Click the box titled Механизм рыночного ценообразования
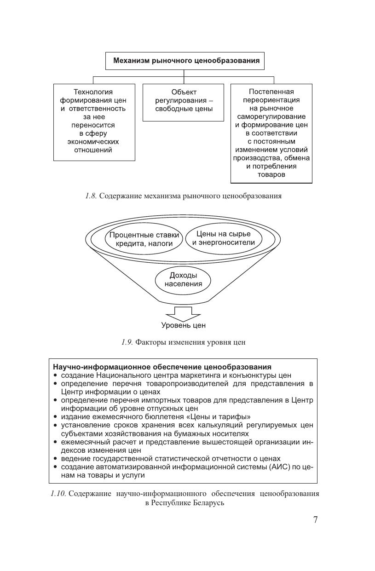(186, 60)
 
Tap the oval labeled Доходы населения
(183, 279)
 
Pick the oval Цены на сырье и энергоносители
(223, 238)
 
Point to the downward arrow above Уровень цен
(183, 314)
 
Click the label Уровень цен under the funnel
(183, 326)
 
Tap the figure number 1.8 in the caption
(91, 196)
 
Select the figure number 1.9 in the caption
(127, 342)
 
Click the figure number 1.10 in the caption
(58, 494)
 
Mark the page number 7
(315, 520)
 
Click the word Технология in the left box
(93, 92)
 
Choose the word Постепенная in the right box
(271, 92)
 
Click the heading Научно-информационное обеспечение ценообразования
(162, 367)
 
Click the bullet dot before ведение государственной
(55, 459)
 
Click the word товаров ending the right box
(271, 175)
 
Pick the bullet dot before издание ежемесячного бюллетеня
(55, 417)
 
